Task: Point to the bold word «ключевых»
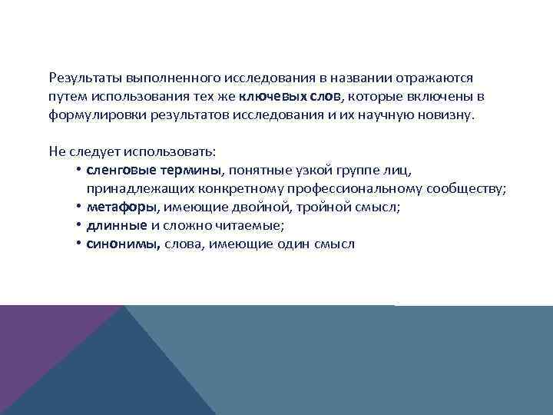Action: pyautogui.click(x=273, y=97)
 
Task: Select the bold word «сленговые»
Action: pyautogui.click(x=121, y=171)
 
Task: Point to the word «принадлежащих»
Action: pyautogui.click(x=134, y=189)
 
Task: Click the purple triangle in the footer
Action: pyautogui.click(x=46, y=346)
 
